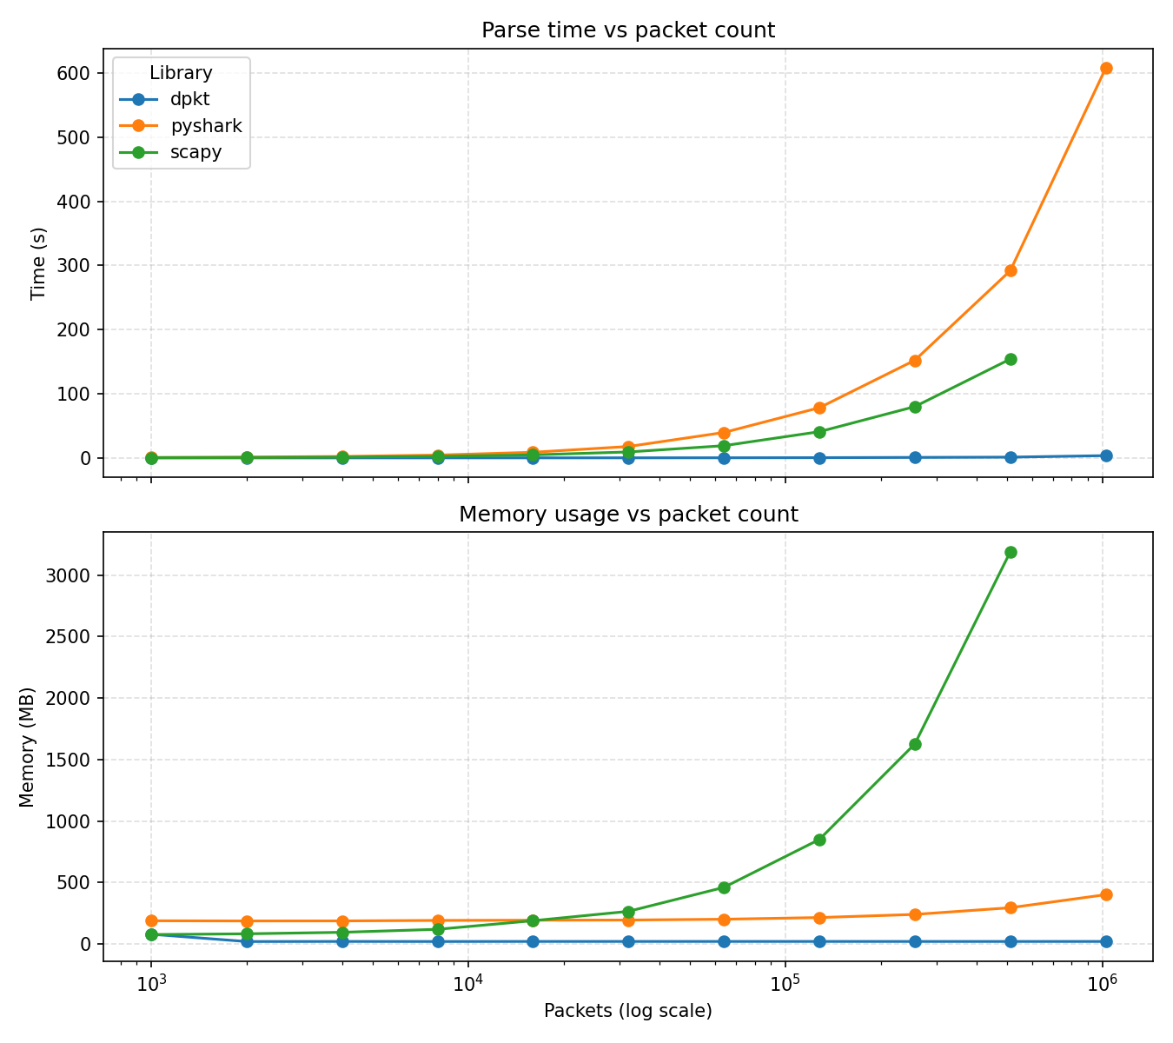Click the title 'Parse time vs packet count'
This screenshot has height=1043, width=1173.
pos(627,30)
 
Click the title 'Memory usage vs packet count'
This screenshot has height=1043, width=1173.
pos(627,515)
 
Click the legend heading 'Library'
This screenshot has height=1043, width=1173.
pos(181,73)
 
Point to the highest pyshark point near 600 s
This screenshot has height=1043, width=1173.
pos(1105,68)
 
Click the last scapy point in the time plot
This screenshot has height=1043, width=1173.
pos(1011,359)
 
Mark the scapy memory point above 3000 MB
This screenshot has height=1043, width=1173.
pos(1011,552)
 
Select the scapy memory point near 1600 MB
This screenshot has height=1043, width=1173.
pos(915,744)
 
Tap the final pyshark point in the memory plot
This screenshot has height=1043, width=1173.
pos(1105,894)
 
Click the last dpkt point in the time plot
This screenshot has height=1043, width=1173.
pos(1105,455)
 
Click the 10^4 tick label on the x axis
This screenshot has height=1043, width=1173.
pos(467,982)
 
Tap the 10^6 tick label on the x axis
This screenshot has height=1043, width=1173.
pos(1102,982)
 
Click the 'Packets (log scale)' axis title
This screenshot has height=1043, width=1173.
pos(627,1011)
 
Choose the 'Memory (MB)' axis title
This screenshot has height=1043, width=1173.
pos(28,747)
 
